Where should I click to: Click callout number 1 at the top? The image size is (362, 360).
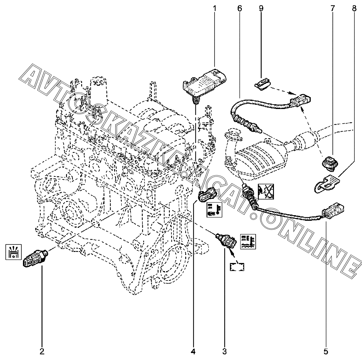(x=215, y=8)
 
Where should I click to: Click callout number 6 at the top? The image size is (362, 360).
(x=240, y=8)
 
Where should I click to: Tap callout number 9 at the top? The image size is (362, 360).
(x=261, y=8)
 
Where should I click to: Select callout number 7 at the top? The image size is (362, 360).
(x=332, y=8)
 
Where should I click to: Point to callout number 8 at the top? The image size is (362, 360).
(x=354, y=8)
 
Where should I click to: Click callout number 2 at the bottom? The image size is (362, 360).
(x=42, y=351)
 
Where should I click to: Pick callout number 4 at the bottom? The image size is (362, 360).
(x=193, y=351)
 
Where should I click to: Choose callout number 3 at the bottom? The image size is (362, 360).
(x=224, y=351)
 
